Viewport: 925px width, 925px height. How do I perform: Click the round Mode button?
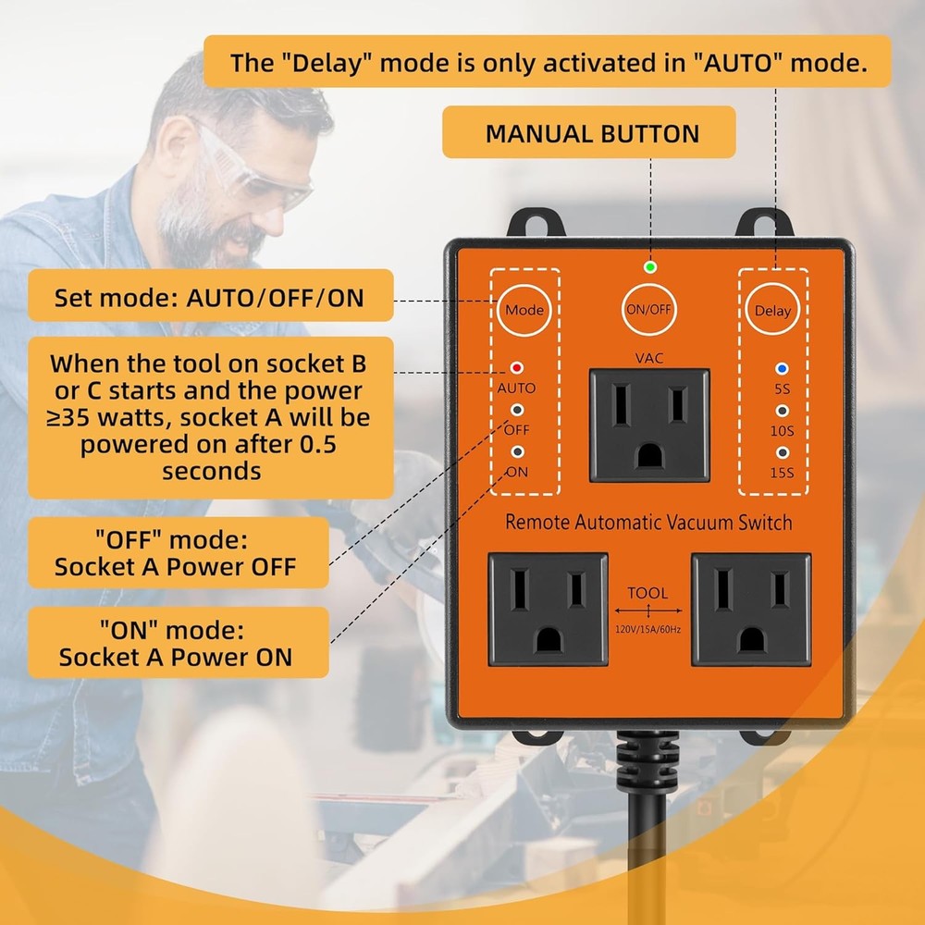(524, 310)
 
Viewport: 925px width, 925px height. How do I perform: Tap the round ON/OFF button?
(647, 310)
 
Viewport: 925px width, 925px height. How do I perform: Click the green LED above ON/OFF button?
(650, 268)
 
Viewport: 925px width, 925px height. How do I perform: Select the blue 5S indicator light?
(782, 368)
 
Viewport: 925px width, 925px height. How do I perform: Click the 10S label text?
(783, 430)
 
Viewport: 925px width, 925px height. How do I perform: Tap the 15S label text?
(783, 474)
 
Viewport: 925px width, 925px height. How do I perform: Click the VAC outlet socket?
(649, 425)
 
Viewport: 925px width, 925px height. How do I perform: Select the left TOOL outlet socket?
(548, 610)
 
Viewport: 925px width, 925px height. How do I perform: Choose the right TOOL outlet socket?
(751, 610)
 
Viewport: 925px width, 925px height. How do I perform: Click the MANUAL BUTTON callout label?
(592, 133)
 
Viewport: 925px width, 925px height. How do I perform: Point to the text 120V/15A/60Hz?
(647, 628)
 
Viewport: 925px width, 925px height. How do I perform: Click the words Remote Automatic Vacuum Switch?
(648, 523)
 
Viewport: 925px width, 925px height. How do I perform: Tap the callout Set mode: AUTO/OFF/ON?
(209, 298)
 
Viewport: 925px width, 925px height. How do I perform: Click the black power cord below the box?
(637, 832)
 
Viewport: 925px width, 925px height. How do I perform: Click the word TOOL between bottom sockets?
(647, 593)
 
